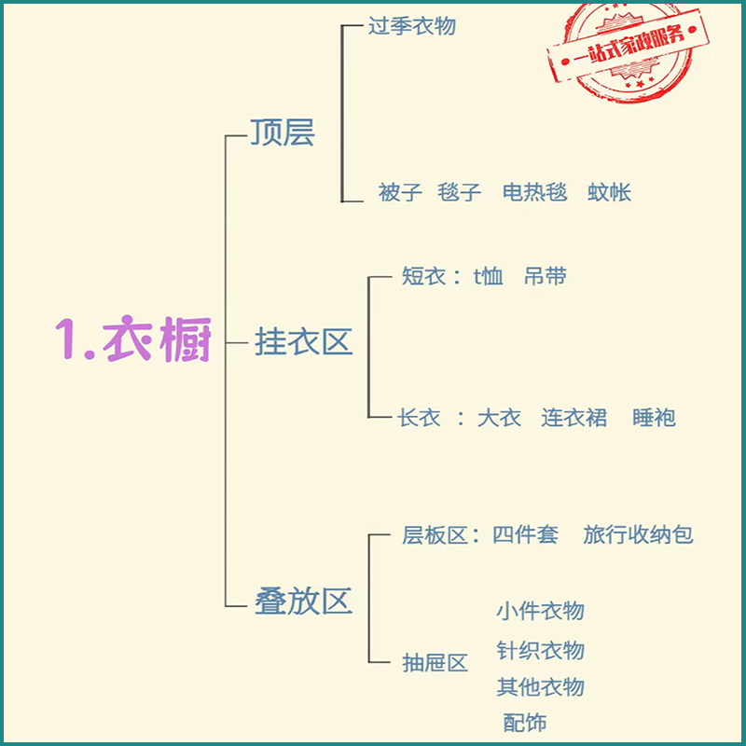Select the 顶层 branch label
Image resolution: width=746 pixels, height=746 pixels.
tap(283, 133)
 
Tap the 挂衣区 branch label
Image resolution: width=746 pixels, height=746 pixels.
tap(303, 342)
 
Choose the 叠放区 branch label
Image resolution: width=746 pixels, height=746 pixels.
tap(303, 601)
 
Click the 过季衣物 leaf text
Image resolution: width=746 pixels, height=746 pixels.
tap(411, 26)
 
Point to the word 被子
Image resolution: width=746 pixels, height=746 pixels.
tap(400, 193)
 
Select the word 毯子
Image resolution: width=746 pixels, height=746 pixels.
tap(460, 193)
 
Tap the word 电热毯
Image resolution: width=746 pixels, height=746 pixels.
tap(534, 193)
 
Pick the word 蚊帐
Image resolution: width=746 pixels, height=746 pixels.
tap(610, 193)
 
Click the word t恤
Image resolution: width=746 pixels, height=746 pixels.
tap(489, 277)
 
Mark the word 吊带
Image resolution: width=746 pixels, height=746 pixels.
tap(546, 277)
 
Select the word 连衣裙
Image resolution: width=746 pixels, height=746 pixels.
tap(574, 418)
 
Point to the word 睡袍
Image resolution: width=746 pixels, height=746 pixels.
tap(654, 418)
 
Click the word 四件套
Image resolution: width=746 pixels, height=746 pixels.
tap(525, 535)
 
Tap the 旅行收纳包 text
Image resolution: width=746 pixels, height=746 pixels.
tap(639, 535)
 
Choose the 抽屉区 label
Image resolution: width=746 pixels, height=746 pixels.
tap(435, 663)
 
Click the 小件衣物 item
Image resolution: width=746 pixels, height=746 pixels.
tap(541, 611)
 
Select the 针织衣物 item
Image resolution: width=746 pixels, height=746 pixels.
tap(541, 650)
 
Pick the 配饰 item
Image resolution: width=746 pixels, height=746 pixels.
tap(525, 723)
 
